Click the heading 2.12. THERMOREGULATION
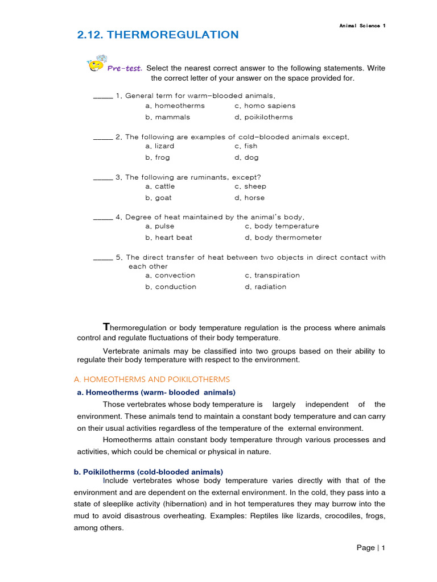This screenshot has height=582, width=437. [x=158, y=35]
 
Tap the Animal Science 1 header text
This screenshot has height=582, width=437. [x=362, y=26]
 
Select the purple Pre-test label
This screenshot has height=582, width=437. [x=125, y=68]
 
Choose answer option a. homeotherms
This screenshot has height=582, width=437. [x=175, y=106]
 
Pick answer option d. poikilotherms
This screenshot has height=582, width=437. [x=263, y=117]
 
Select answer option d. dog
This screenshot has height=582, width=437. [x=246, y=157]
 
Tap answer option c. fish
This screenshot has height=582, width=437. [x=246, y=146]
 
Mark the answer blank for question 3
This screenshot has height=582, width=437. [x=102, y=178]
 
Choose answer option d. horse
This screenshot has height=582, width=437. [x=249, y=198]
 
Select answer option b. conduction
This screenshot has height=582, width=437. [x=171, y=287]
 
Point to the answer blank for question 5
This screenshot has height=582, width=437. [x=102, y=258]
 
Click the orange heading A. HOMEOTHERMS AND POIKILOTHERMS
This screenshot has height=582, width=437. [x=152, y=379]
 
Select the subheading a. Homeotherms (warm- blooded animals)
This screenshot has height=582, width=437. [x=156, y=392]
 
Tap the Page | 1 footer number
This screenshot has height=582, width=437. [x=371, y=548]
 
